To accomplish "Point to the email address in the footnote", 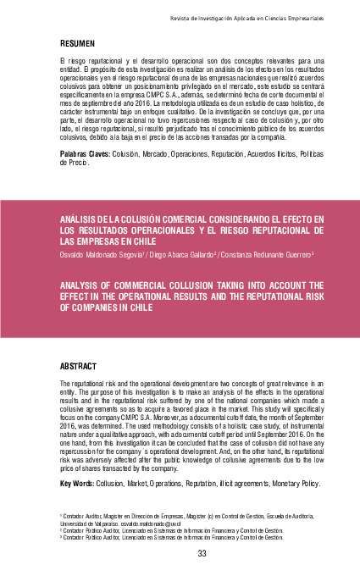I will point(157,523).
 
